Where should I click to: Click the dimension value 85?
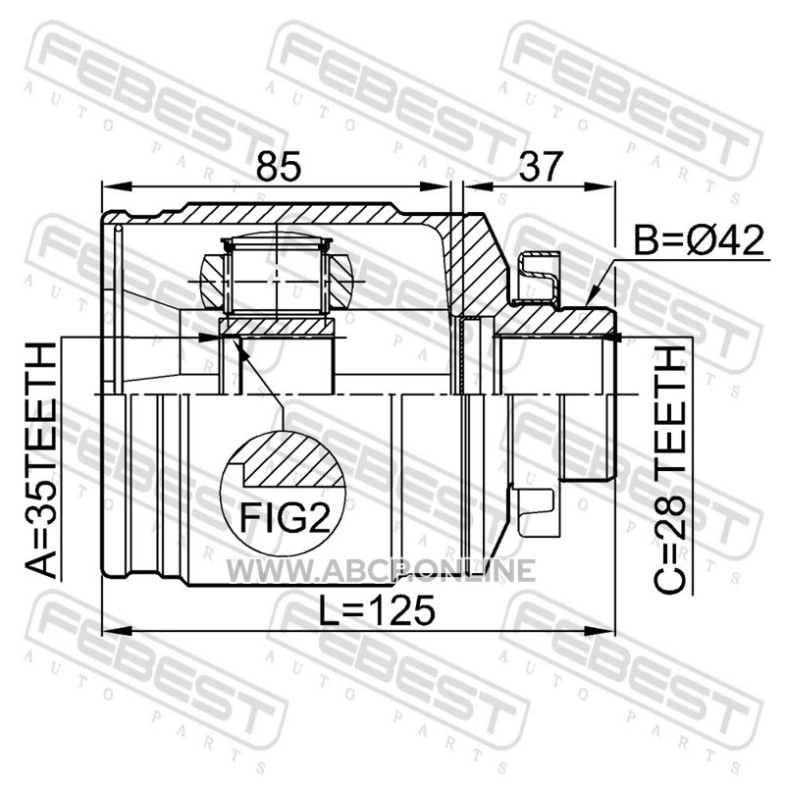click(279, 166)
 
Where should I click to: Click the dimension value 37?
click(541, 166)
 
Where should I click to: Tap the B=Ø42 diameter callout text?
click(700, 239)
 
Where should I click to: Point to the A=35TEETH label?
click(41, 460)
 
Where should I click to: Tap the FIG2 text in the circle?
click(285, 517)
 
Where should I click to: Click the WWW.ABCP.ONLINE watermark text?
click(381, 572)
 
